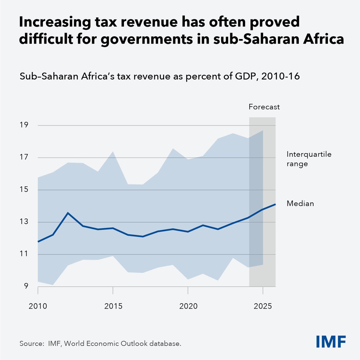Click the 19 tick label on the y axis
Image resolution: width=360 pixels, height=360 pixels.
pyautogui.click(x=24, y=125)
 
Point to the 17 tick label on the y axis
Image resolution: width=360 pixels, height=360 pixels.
pyautogui.click(x=24, y=157)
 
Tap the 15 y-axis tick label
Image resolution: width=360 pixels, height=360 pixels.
pyautogui.click(x=24, y=189)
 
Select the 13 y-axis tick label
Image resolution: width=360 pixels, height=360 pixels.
pyautogui.click(x=24, y=222)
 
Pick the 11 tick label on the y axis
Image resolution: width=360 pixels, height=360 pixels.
pyautogui.click(x=24, y=254)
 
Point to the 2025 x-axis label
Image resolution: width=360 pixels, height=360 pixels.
pyautogui.click(x=263, y=306)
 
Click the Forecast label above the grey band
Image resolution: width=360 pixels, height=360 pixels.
pyautogui.click(x=264, y=107)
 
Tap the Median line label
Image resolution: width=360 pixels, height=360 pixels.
pyautogui.click(x=300, y=204)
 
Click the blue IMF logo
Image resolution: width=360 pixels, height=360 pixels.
pyautogui.click(x=331, y=341)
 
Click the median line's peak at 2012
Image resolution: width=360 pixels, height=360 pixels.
pyautogui.click(x=68, y=213)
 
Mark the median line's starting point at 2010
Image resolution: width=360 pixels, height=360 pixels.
pyautogui.click(x=38, y=241)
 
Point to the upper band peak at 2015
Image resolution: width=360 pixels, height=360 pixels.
pyautogui.click(x=113, y=152)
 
